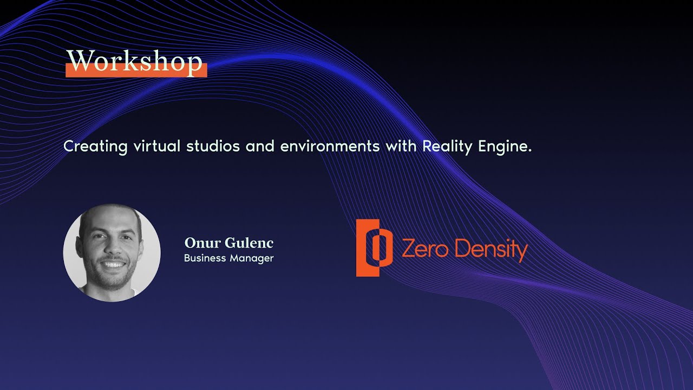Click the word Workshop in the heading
(135, 62)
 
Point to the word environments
(330, 146)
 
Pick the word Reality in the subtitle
(447, 146)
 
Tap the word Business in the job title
(205, 258)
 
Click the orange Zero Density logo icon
(374, 248)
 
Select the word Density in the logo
(491, 250)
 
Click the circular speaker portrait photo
(112, 252)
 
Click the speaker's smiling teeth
(113, 265)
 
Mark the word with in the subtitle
(401, 146)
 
